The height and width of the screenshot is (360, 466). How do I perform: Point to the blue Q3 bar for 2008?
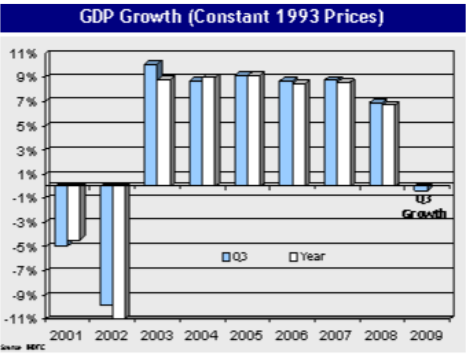376,144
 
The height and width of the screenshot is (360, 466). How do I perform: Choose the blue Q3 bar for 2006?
286,133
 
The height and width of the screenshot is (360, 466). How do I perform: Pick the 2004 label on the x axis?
202,336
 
